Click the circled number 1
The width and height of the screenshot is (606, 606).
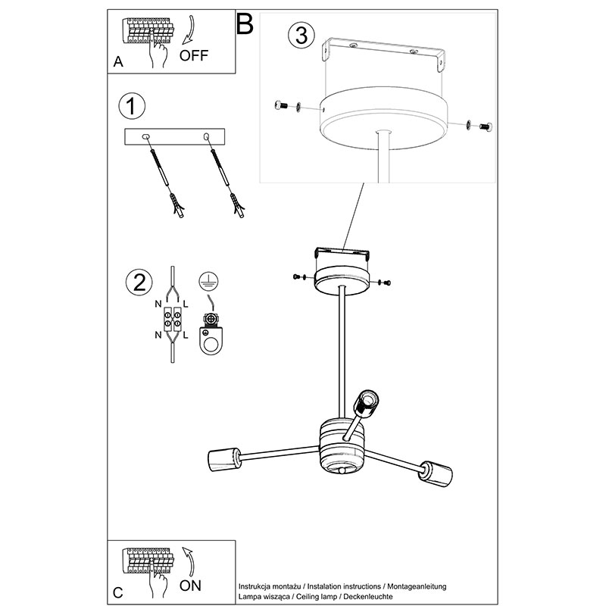[x=132, y=106]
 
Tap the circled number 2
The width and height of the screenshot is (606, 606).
[x=139, y=282]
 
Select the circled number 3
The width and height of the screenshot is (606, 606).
[x=301, y=35]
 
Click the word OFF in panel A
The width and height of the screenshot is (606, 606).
[x=194, y=55]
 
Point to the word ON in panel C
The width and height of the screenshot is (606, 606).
[x=191, y=586]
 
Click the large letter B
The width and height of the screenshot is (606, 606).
[x=245, y=24]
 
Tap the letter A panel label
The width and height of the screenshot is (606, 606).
[x=118, y=62]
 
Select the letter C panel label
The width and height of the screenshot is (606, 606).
[x=118, y=592]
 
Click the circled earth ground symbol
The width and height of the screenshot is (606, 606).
[x=209, y=281]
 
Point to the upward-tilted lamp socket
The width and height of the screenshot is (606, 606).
[x=366, y=404]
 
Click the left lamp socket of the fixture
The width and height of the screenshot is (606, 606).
[x=224, y=459]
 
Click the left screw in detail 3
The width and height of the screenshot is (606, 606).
[x=281, y=105]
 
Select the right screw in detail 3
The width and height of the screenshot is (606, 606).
[x=486, y=126]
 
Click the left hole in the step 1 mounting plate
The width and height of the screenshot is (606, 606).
[x=145, y=137]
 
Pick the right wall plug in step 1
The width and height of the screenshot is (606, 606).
[x=237, y=205]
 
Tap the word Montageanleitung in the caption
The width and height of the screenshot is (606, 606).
[x=417, y=586]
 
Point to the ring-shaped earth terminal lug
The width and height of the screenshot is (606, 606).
[x=211, y=341]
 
